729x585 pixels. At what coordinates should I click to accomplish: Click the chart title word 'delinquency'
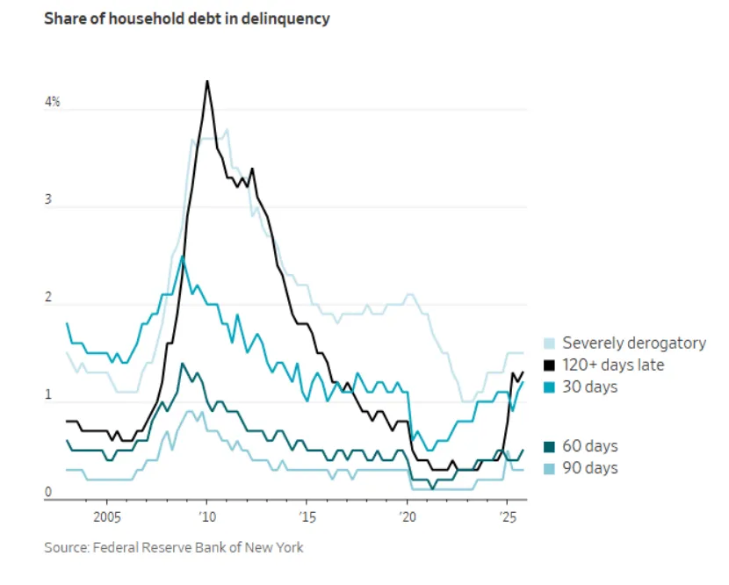tap(288, 18)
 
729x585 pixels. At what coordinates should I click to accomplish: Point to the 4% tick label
tap(53, 103)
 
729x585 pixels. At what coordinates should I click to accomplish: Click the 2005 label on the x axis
tap(107, 516)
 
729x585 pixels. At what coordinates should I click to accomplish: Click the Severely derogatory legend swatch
tap(550, 343)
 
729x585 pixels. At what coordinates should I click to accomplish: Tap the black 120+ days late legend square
tap(550, 365)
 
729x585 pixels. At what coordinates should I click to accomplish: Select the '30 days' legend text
tap(590, 386)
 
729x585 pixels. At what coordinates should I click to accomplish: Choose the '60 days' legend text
tap(590, 446)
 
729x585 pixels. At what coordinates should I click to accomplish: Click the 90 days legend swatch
tap(550, 468)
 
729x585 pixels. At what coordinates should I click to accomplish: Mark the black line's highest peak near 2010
tap(207, 81)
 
